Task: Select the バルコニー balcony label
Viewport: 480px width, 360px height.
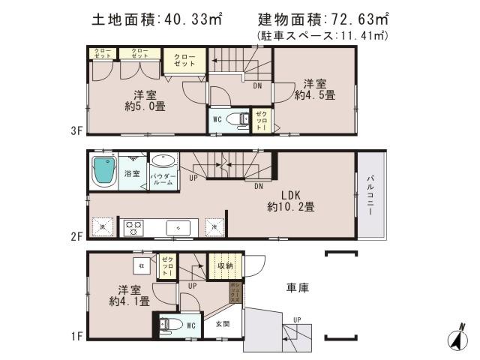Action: tap(370, 195)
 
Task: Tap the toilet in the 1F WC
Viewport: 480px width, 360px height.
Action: tap(169, 325)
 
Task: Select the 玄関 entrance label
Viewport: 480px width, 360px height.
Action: tap(223, 324)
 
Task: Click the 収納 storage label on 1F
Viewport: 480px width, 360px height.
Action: tap(225, 265)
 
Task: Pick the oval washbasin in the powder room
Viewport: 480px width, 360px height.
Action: tap(163, 161)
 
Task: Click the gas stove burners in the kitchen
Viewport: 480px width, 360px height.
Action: tap(134, 225)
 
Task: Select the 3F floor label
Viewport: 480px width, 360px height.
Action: tap(76, 130)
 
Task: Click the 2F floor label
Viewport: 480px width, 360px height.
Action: tap(76, 235)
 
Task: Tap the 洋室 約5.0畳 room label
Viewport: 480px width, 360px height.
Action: tap(145, 100)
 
